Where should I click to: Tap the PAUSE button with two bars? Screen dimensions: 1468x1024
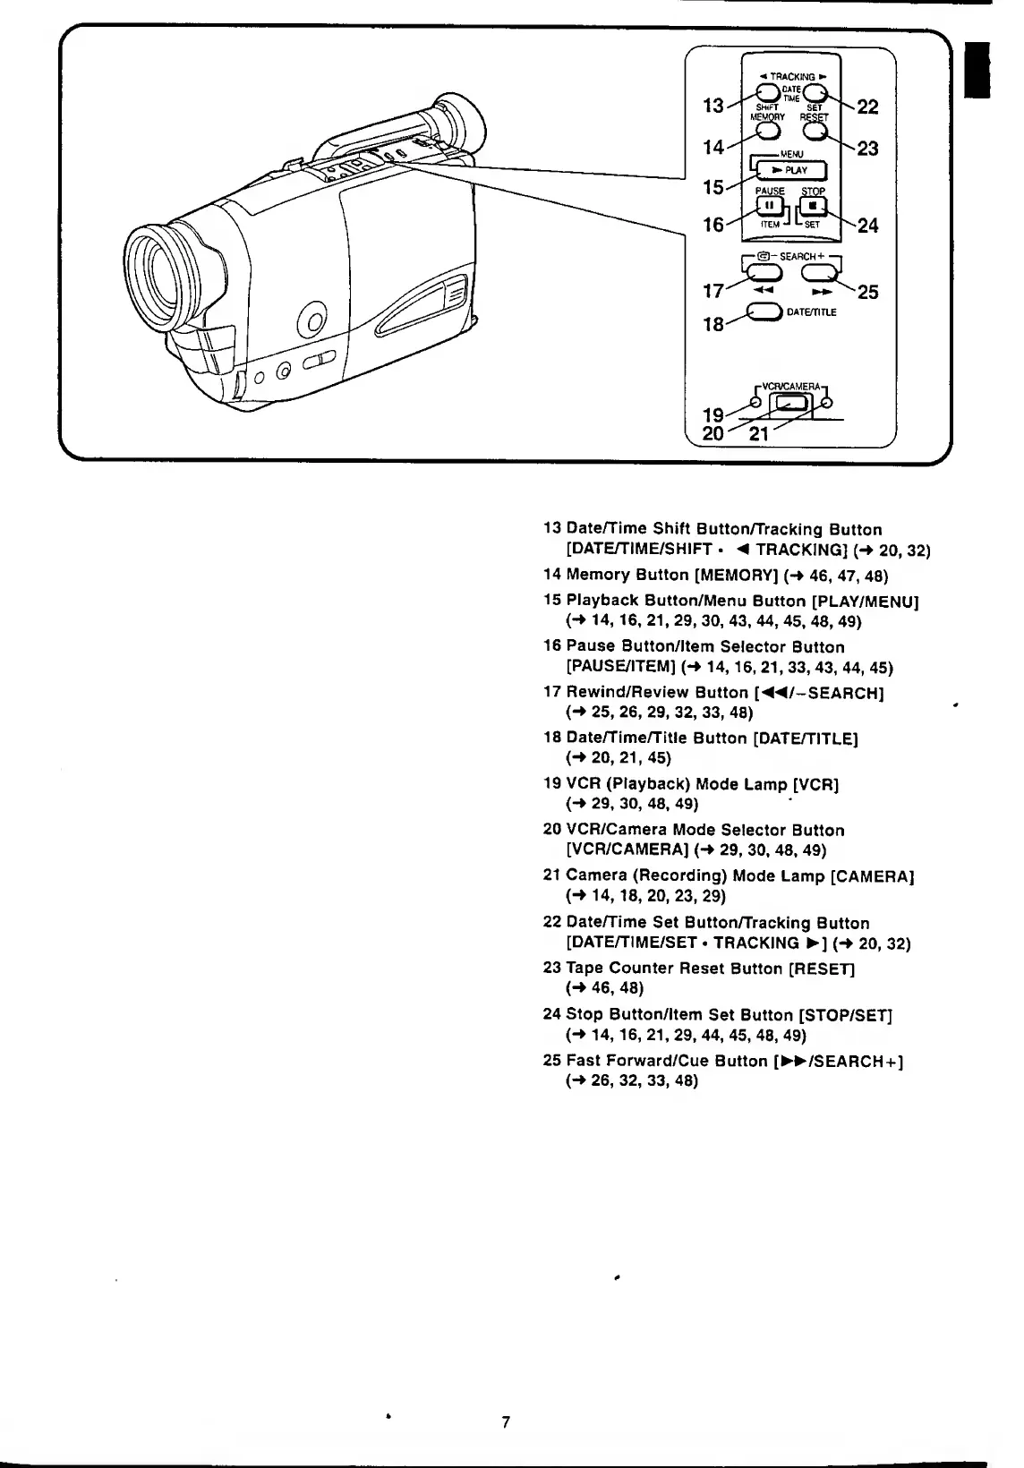[x=769, y=207]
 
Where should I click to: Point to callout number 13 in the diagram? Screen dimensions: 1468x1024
[x=713, y=106]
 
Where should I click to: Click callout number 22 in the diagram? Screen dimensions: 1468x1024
[x=867, y=107]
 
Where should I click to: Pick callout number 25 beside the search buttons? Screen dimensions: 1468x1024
[x=867, y=292]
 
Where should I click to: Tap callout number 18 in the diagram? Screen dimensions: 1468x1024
[x=713, y=324]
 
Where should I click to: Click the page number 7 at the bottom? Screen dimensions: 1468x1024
[x=506, y=1422]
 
